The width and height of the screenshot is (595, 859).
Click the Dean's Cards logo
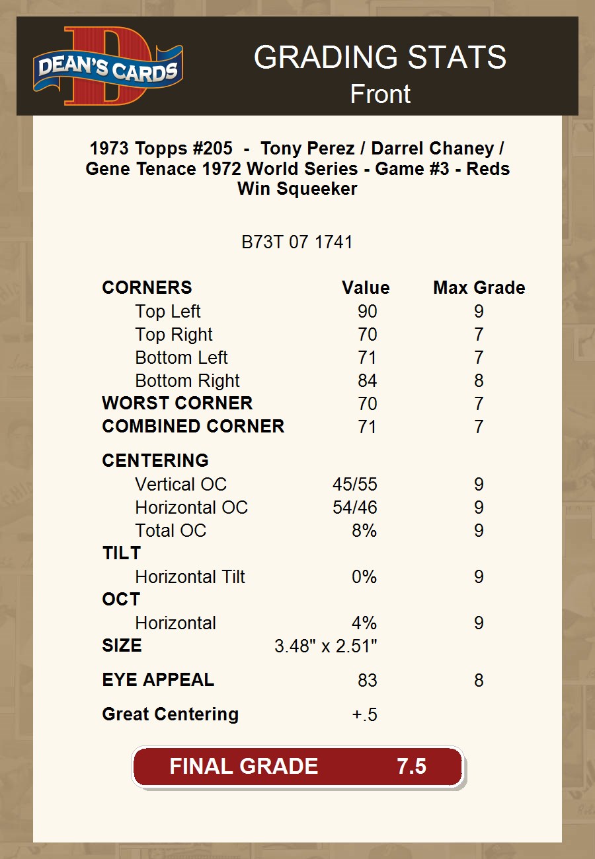click(x=108, y=66)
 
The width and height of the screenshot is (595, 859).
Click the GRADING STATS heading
click(x=380, y=57)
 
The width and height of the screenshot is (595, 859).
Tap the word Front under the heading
click(x=380, y=94)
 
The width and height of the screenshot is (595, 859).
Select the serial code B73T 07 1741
click(x=297, y=242)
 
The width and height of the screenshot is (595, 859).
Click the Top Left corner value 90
click(x=367, y=312)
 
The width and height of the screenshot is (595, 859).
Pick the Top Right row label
click(x=174, y=335)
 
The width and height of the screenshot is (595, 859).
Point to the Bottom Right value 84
click(x=367, y=381)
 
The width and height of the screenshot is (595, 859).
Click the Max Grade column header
click(x=479, y=288)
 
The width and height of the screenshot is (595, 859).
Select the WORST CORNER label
click(x=177, y=403)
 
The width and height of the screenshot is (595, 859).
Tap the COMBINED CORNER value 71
click(x=367, y=427)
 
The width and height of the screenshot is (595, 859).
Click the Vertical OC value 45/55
click(x=354, y=485)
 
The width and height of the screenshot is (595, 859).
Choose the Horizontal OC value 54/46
click(x=354, y=508)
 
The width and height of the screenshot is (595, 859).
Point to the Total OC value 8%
click(x=364, y=531)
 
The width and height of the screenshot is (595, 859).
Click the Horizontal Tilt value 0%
click(x=364, y=577)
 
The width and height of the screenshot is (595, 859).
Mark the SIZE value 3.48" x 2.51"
click(x=325, y=646)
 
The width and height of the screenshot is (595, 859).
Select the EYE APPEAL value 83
click(x=367, y=681)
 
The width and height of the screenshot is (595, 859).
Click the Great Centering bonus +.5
click(x=364, y=715)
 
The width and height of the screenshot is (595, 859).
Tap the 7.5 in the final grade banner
click(x=411, y=767)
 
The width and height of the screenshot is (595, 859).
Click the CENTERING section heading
click(x=155, y=461)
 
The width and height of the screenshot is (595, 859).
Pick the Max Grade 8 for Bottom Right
click(x=479, y=381)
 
